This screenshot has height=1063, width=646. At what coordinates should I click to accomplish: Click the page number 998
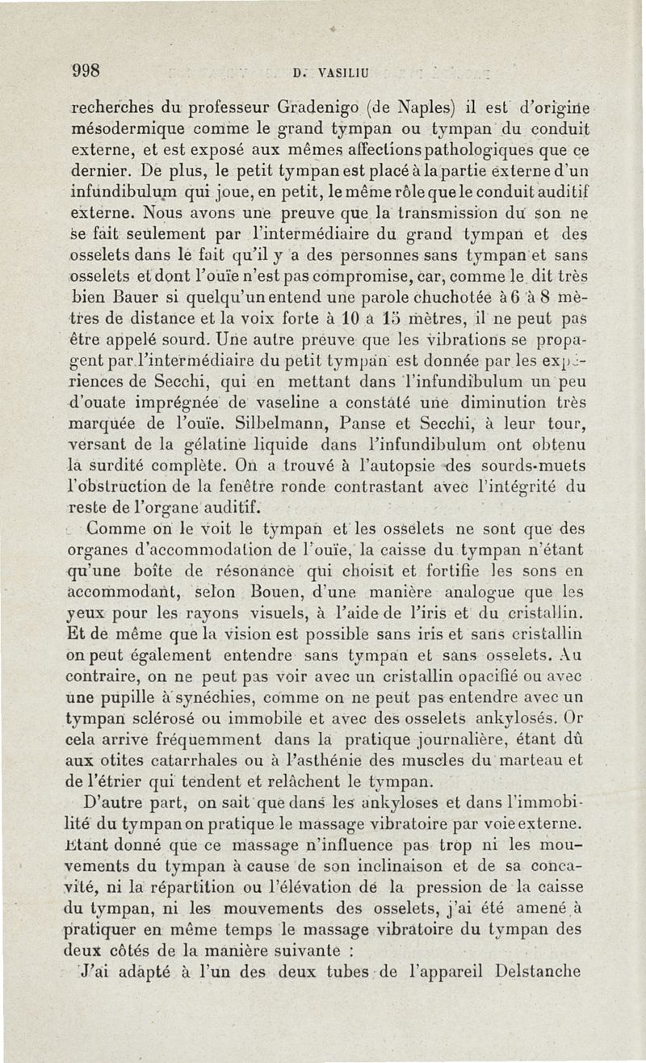(84, 70)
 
